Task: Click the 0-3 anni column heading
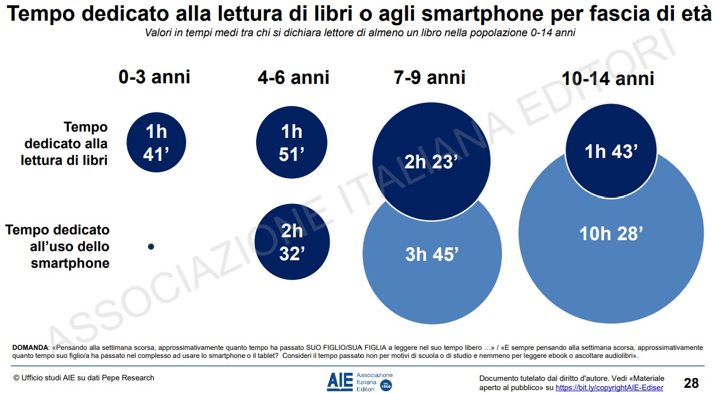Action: click(154, 76)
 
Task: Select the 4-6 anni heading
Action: click(293, 78)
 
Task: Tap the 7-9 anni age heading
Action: click(430, 77)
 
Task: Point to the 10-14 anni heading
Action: click(609, 79)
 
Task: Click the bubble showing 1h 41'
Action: click(156, 142)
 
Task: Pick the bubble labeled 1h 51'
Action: click(292, 142)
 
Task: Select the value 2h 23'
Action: click(431, 162)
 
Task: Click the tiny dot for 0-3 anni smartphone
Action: click(151, 246)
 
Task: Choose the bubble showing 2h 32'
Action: click(292, 241)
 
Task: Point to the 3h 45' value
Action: click(431, 254)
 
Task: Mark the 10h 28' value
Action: click(611, 234)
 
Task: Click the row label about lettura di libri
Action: click(64, 144)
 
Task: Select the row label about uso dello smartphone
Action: click(57, 246)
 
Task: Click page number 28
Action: click(691, 383)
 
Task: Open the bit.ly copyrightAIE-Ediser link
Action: click(609, 388)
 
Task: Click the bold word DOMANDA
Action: click(30, 348)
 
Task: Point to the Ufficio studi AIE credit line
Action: click(84, 377)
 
